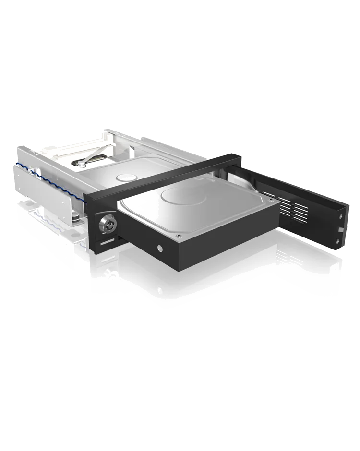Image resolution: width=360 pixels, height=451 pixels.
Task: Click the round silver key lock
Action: [106, 223]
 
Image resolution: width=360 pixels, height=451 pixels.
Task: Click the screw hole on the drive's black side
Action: [159, 248]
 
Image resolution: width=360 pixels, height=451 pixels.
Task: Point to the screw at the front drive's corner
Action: [179, 236]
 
